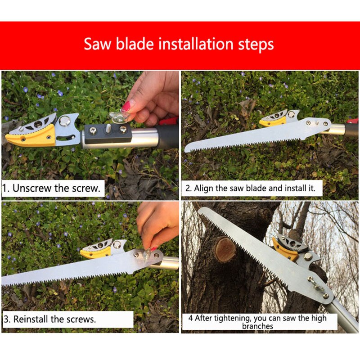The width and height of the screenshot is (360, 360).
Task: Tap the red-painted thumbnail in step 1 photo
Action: [x=127, y=107]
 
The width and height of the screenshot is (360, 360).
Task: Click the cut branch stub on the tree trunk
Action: [x=225, y=249]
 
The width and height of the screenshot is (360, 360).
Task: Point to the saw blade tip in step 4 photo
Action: [x=202, y=210]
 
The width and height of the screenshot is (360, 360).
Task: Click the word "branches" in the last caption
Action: [x=257, y=326]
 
